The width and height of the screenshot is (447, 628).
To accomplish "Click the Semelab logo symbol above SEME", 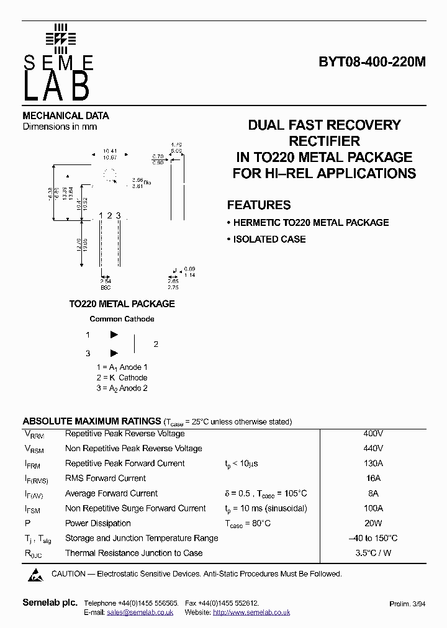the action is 60,38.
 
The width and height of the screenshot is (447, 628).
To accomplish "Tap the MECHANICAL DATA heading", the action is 66,115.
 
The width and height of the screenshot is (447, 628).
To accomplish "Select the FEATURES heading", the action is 258,205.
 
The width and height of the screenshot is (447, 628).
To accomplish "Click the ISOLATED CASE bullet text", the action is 269,239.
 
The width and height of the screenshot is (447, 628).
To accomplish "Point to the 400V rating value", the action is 372,434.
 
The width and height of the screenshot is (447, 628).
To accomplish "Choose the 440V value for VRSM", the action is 372,449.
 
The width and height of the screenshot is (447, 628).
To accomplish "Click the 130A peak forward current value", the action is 372,464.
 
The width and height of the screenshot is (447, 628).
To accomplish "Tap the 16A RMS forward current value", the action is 372,478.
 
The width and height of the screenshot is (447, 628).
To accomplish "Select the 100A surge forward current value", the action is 372,508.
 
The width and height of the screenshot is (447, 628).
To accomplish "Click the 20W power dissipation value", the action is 372,523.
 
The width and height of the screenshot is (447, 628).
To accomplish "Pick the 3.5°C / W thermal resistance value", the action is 372,553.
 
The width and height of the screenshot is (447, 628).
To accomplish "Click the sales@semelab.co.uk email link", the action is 140,612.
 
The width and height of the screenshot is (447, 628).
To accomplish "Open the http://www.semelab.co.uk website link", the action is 251,612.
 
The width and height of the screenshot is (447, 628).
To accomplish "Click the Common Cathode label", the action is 122,319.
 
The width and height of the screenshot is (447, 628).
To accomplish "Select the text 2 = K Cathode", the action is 122,377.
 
